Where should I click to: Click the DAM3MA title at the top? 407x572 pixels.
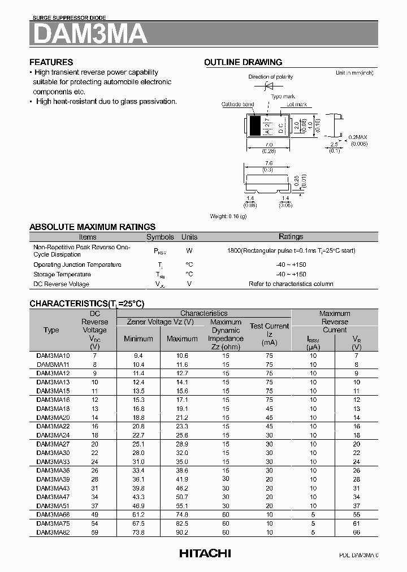90,34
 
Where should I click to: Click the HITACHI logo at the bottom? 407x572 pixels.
205,554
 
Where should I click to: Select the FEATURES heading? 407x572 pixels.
51,62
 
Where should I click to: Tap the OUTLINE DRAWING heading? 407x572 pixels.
243,62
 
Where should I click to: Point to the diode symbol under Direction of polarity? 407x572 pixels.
270,86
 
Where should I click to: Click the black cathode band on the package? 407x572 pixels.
256,125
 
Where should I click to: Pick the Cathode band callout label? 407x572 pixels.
237,105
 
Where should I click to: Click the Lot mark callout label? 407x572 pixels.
296,105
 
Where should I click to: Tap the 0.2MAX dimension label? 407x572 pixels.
358,138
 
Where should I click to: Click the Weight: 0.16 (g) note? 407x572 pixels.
228,216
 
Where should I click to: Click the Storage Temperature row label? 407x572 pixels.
62,275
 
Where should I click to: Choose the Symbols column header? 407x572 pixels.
161,237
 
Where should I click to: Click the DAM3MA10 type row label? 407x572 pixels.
53,356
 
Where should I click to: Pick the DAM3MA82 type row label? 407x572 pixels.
53,532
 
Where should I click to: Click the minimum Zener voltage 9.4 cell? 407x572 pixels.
138,356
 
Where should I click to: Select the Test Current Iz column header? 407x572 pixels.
269,334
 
